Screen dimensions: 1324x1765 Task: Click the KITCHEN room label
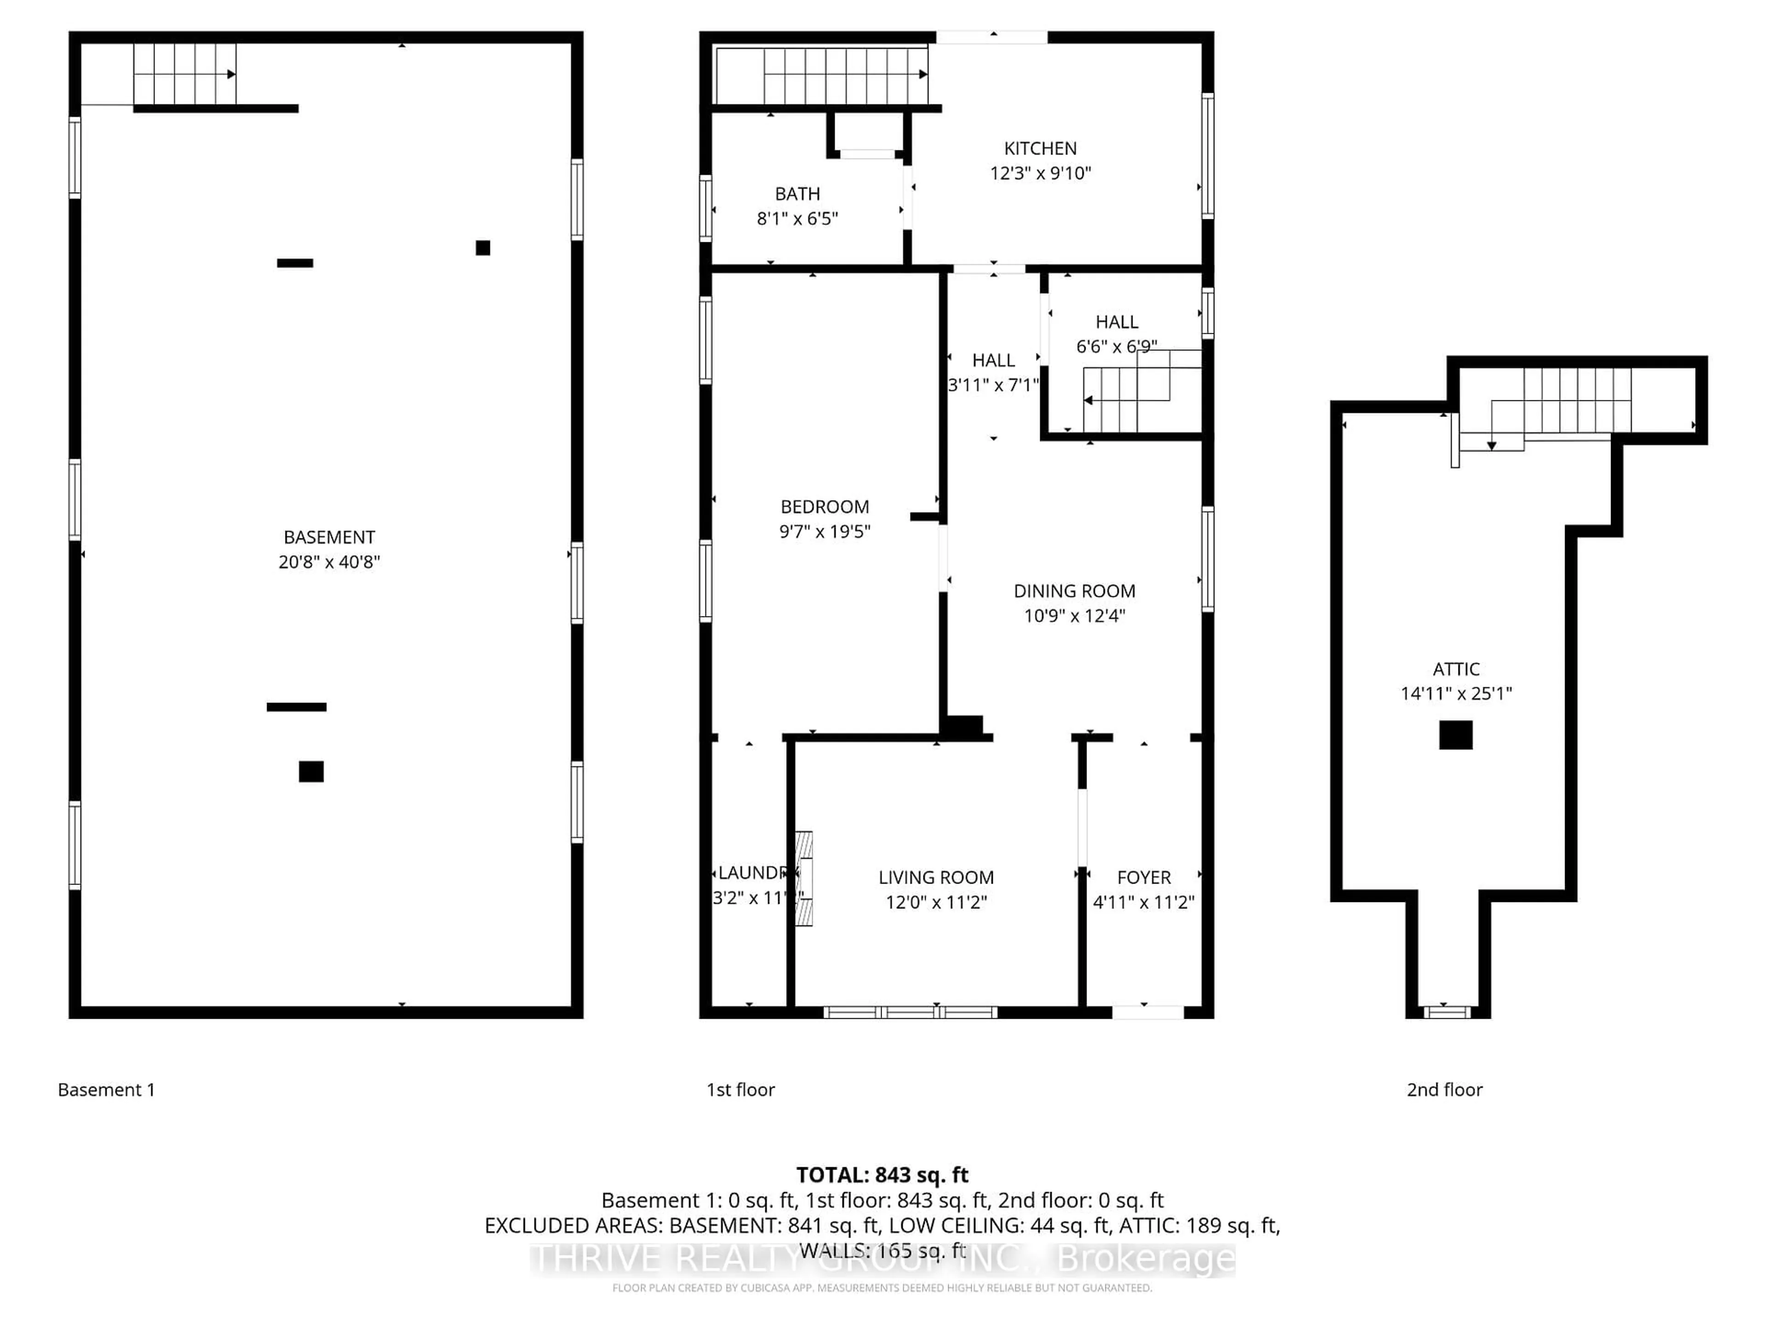point(1040,148)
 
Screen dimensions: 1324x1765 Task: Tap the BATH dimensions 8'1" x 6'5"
point(797,219)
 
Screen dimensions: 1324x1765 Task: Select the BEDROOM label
point(824,507)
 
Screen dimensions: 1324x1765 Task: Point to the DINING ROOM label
point(1074,591)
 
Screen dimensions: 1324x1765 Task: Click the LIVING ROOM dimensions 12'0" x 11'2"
point(936,902)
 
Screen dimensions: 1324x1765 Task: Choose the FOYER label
point(1144,878)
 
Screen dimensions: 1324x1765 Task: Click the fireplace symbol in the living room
point(803,879)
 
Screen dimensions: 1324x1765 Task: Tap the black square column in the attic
point(1455,735)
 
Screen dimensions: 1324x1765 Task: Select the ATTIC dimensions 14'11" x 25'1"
point(1456,694)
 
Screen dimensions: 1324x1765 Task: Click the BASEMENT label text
point(329,537)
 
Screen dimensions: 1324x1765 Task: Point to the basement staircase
point(184,74)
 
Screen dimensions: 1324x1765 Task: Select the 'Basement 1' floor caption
point(106,1090)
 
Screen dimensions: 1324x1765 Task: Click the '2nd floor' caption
point(1444,1090)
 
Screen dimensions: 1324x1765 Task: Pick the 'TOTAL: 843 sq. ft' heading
point(882,1175)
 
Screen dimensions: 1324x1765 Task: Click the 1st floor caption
point(740,1090)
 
